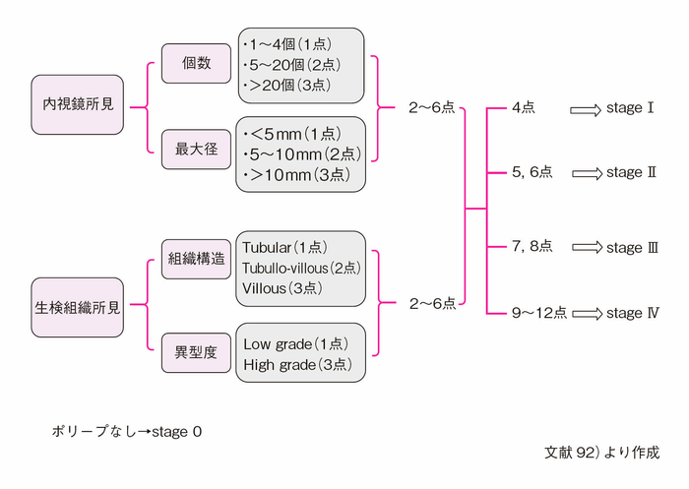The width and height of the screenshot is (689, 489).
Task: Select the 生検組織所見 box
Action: (78, 307)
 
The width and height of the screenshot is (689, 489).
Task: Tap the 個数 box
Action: (197, 62)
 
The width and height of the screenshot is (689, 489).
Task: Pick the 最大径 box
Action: (197, 150)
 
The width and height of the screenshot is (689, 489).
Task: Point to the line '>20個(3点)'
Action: (294, 85)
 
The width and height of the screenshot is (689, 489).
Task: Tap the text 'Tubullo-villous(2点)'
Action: (301, 268)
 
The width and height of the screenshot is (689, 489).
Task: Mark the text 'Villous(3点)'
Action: (282, 288)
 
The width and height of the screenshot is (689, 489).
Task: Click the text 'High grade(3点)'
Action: (294, 365)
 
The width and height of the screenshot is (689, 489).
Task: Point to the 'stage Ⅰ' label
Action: (630, 107)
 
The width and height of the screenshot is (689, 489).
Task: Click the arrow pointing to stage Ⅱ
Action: (587, 173)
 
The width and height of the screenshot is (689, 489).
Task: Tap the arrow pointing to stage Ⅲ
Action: (587, 246)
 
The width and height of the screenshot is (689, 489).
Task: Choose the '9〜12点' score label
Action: (539, 314)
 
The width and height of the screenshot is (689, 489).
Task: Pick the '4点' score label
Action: (524, 107)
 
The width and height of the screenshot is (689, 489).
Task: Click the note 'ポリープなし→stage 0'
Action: (127, 431)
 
